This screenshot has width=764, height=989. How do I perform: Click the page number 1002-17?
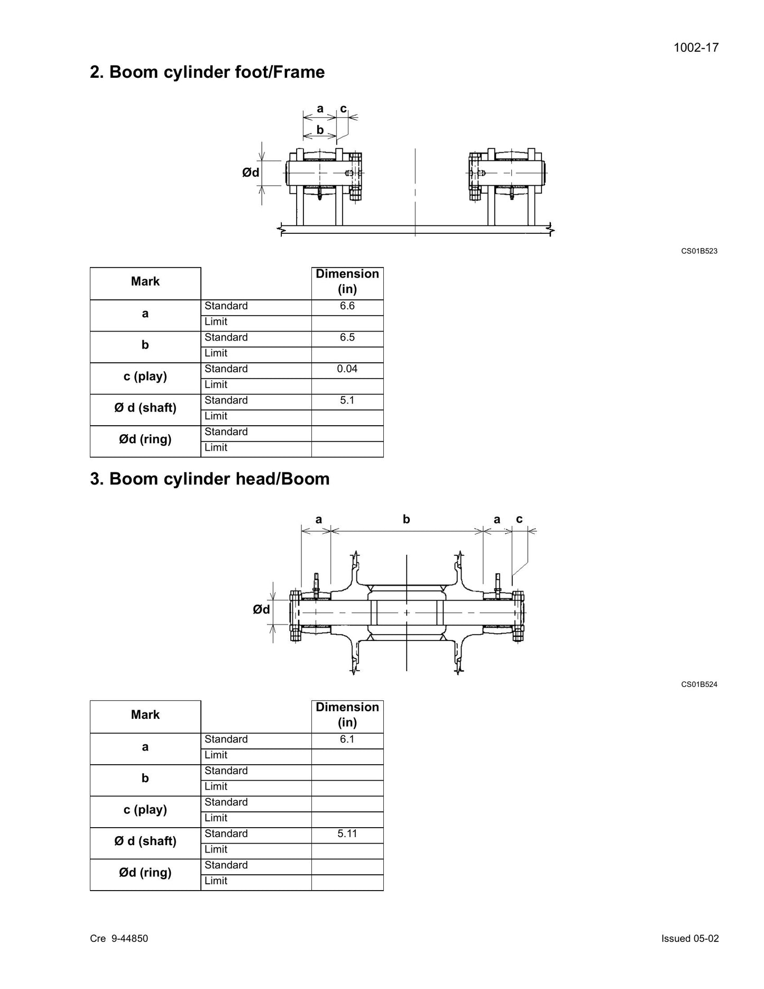pyautogui.click(x=696, y=48)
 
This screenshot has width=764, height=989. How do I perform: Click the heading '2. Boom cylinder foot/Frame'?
pyautogui.click(x=207, y=72)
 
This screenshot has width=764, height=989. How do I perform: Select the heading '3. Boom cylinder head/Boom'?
pyautogui.click(x=210, y=479)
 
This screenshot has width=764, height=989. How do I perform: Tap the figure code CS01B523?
pyautogui.click(x=699, y=251)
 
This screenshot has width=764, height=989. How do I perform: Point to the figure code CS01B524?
pyautogui.click(x=699, y=684)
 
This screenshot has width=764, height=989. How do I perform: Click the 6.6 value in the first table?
pyautogui.click(x=347, y=306)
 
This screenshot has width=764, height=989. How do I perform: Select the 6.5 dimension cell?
pyautogui.click(x=347, y=337)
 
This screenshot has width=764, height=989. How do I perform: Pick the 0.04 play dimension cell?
pyautogui.click(x=347, y=369)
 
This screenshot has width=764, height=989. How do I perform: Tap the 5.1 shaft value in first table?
pyautogui.click(x=347, y=400)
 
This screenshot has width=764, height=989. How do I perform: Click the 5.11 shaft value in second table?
pyautogui.click(x=347, y=834)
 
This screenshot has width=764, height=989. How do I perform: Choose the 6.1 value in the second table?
pyautogui.click(x=347, y=739)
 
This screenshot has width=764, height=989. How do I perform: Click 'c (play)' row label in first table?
pyautogui.click(x=145, y=377)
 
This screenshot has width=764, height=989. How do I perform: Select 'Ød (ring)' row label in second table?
pyautogui.click(x=145, y=873)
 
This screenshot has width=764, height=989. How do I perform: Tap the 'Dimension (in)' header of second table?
pyautogui.click(x=347, y=715)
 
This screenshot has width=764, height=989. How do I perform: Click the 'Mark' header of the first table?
pyautogui.click(x=145, y=281)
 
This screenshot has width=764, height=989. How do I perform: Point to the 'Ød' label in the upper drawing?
pyautogui.click(x=251, y=172)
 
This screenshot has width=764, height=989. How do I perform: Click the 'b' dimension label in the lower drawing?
pyautogui.click(x=406, y=519)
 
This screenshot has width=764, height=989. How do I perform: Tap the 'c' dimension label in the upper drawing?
pyautogui.click(x=343, y=109)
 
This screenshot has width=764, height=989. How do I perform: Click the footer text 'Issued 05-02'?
pyautogui.click(x=690, y=938)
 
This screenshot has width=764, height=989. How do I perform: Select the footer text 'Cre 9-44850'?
pyautogui.click(x=119, y=938)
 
